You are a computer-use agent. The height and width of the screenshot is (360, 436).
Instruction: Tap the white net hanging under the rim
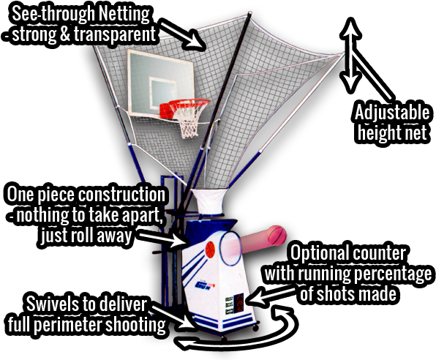(x=189, y=122)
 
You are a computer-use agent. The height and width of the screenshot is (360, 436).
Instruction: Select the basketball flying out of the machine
(x=277, y=236)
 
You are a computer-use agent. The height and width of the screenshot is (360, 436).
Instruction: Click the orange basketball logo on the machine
(x=211, y=250)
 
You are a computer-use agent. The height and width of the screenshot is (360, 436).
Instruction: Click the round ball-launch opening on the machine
(x=230, y=248)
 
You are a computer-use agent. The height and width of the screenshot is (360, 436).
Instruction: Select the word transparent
(x=115, y=34)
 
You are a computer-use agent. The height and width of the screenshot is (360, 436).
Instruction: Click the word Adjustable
(x=392, y=112)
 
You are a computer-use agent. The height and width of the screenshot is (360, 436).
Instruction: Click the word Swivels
(x=53, y=304)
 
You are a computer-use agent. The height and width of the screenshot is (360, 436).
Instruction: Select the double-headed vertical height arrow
(x=351, y=55)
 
